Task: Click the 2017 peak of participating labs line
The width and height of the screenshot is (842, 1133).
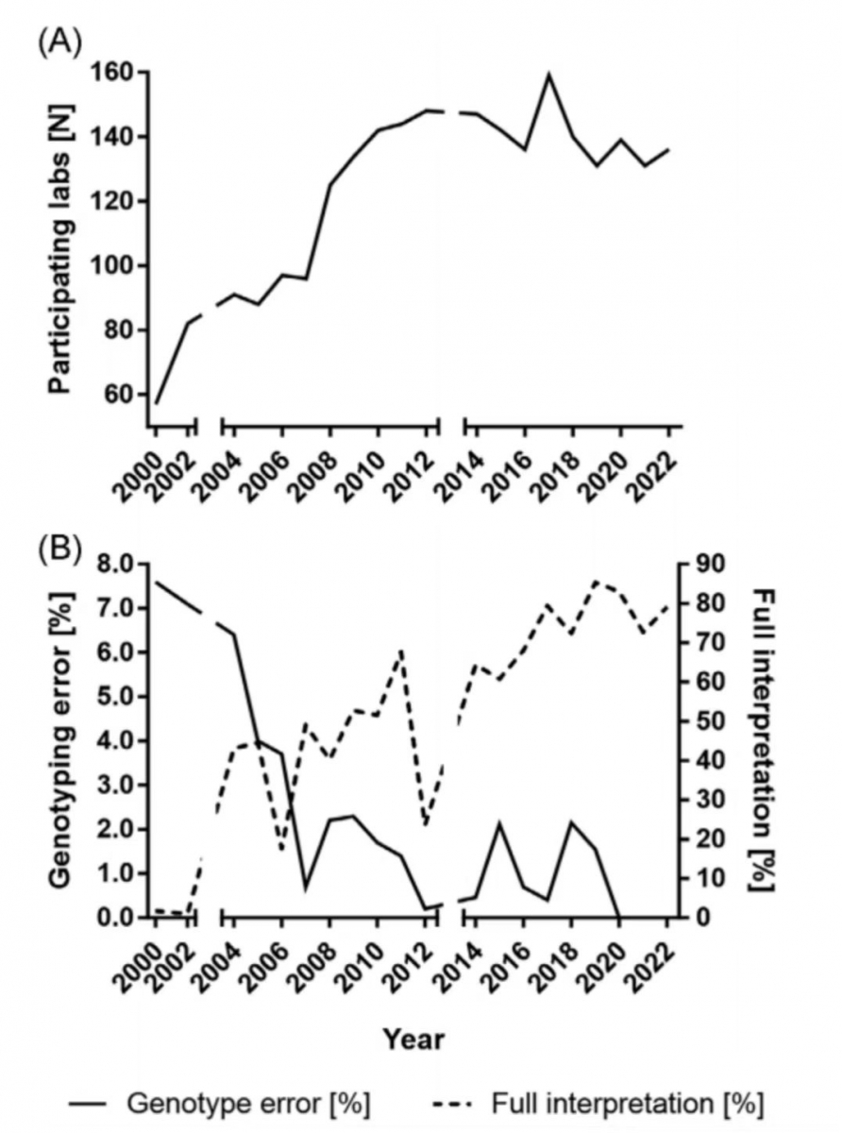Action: click(548, 74)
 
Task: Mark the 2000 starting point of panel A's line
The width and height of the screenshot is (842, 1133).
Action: click(156, 404)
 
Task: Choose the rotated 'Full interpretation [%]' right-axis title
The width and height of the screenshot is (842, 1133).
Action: click(763, 740)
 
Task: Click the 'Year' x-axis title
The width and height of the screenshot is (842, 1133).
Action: click(413, 1040)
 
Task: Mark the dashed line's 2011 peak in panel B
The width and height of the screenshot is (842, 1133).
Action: click(401, 650)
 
